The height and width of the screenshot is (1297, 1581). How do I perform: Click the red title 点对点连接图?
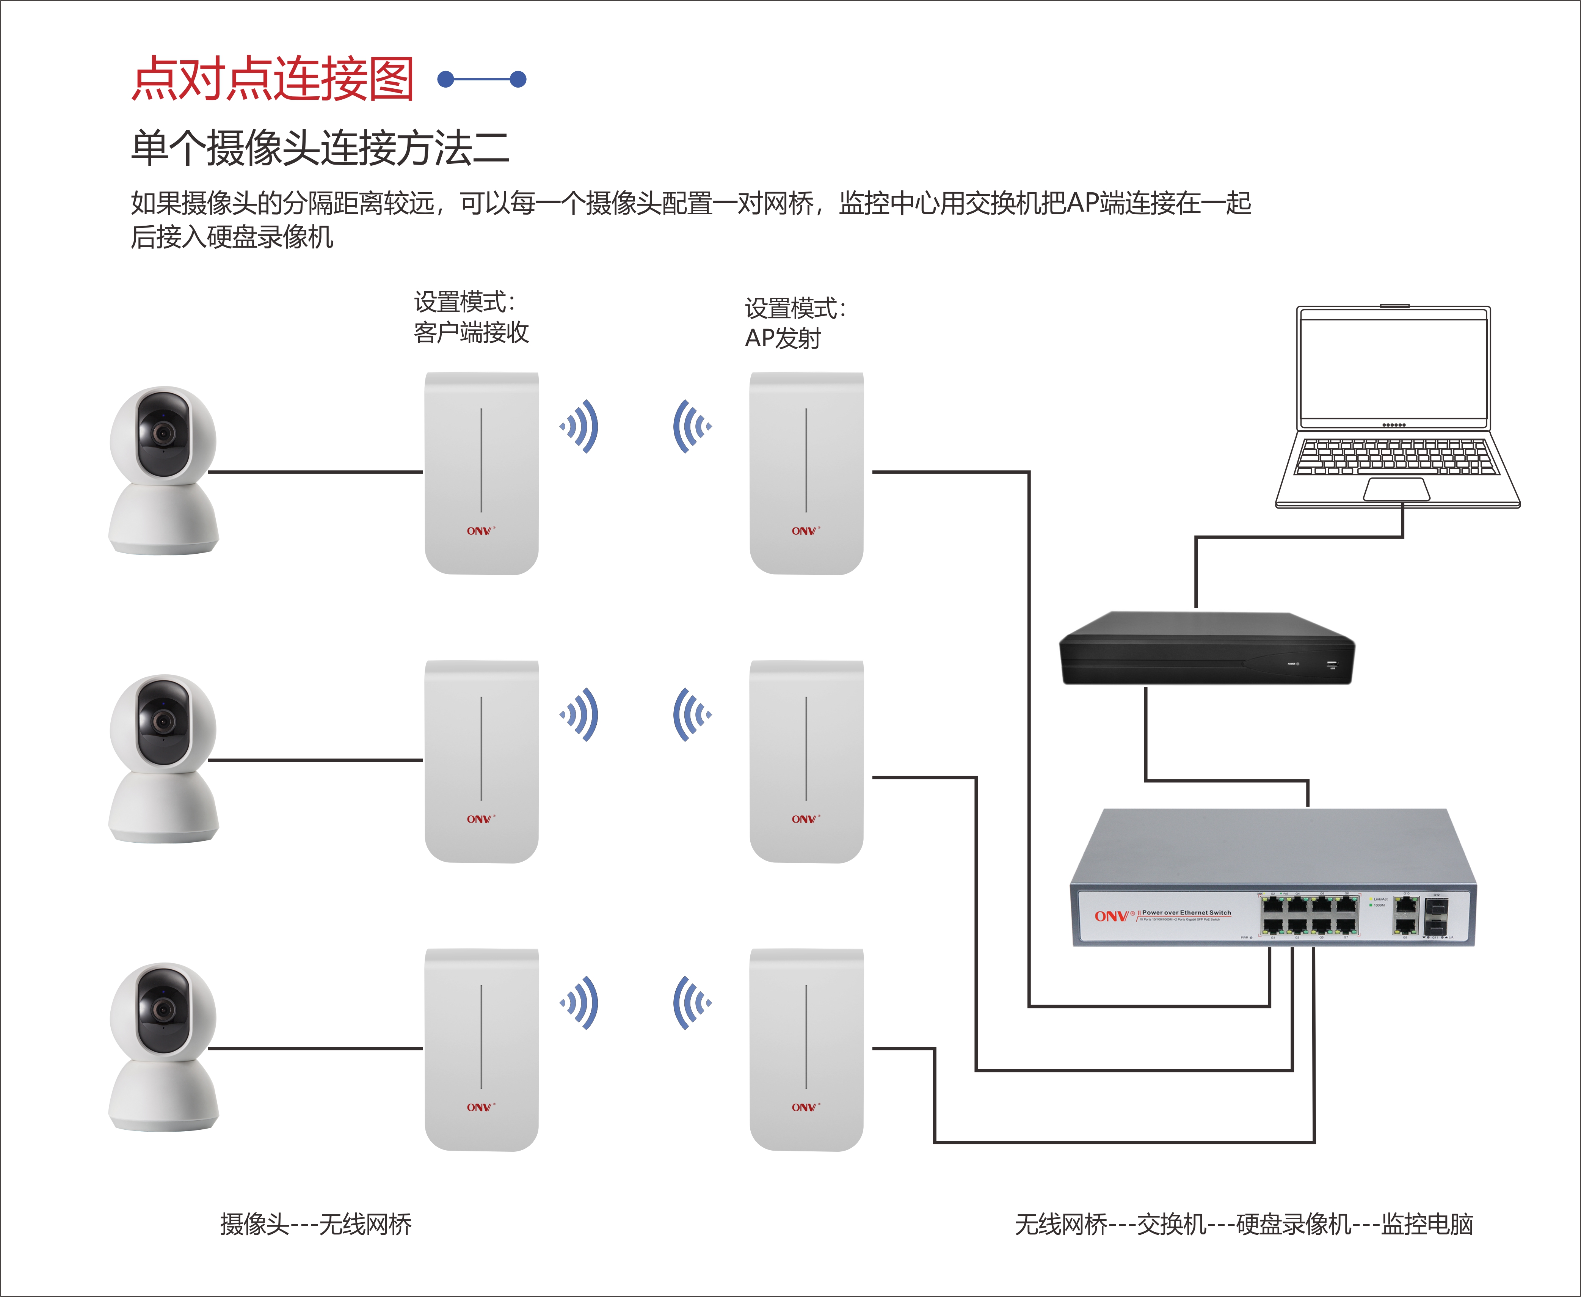(x=273, y=79)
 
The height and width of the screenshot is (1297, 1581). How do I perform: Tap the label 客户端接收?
(x=471, y=333)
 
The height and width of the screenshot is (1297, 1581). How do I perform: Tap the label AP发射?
(x=783, y=338)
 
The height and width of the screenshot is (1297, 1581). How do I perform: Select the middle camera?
(x=163, y=758)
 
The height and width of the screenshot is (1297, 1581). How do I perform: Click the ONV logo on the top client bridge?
(x=480, y=531)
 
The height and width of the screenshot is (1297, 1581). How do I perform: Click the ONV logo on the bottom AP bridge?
(x=804, y=1107)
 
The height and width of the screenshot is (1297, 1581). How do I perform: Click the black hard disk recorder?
(x=1206, y=648)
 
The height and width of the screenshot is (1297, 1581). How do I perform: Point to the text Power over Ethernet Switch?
(x=1186, y=912)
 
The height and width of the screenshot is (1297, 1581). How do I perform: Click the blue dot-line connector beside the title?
(x=482, y=79)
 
